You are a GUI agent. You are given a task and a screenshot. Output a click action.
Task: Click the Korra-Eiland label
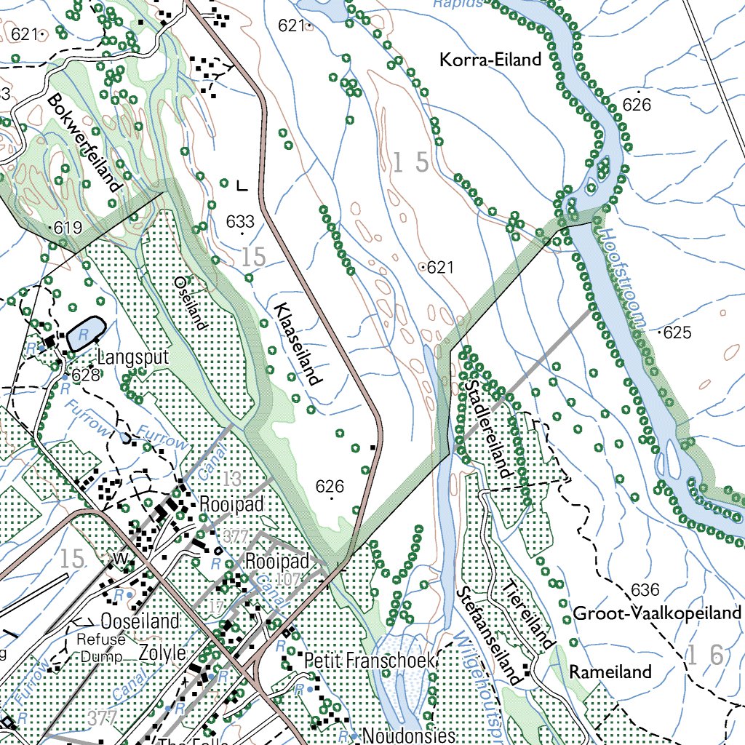tap(490, 60)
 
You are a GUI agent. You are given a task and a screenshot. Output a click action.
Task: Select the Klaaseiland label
tap(298, 343)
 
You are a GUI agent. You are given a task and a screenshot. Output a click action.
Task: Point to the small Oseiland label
tap(191, 302)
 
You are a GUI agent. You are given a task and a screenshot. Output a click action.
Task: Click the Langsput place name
tap(132, 358)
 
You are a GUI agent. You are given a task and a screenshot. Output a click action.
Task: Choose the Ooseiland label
tap(140, 621)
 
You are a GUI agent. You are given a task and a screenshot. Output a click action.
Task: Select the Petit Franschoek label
tap(369, 661)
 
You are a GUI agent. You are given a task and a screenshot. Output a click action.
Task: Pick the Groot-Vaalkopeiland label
tap(656, 613)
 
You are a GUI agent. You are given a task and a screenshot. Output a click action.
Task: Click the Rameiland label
tap(610, 672)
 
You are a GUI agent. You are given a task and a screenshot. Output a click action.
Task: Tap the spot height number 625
tap(677, 333)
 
